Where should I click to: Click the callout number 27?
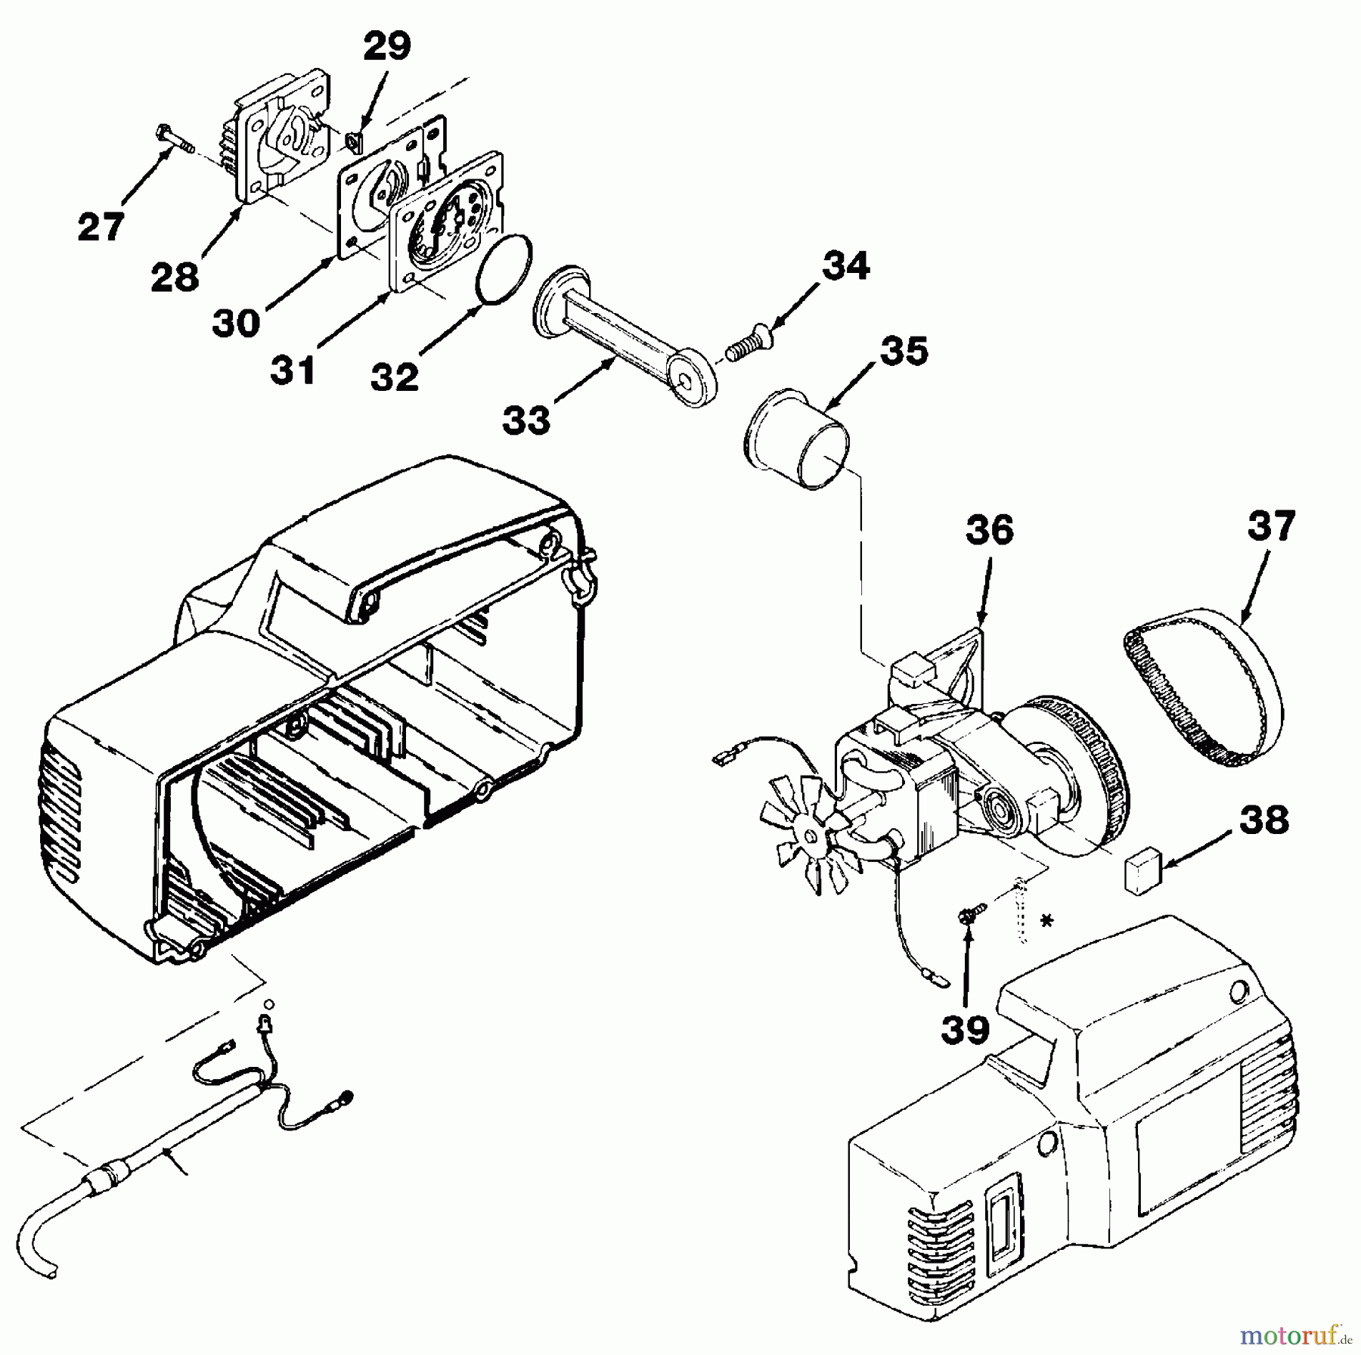(x=100, y=227)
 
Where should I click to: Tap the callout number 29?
(x=386, y=47)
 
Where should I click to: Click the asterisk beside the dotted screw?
(x=1046, y=922)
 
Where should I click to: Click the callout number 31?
(x=293, y=370)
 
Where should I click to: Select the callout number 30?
(x=236, y=323)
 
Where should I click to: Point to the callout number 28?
(x=175, y=278)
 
